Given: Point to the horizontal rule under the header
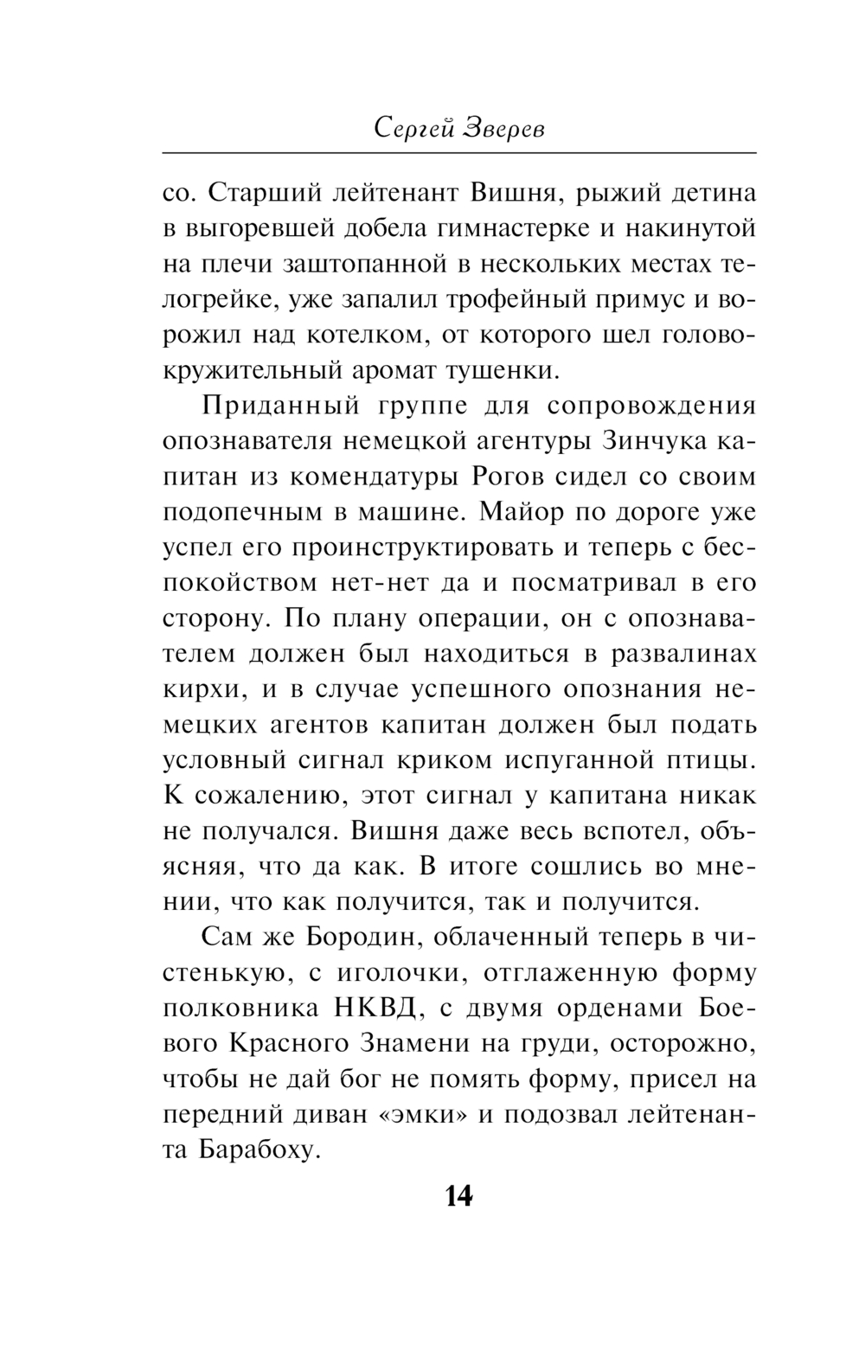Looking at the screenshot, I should tap(459, 153).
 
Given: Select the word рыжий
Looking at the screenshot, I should tap(622, 192).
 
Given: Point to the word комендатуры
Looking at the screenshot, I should tap(375, 476).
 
